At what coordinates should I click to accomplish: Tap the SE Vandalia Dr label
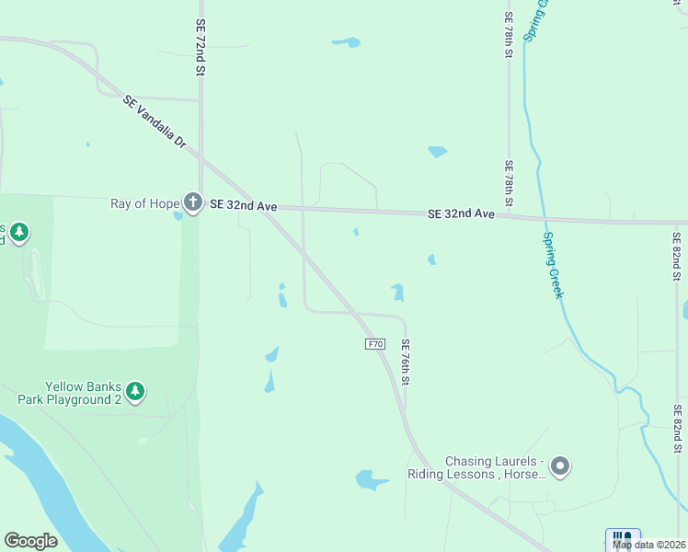click(x=155, y=123)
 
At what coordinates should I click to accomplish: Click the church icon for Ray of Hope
click(x=192, y=201)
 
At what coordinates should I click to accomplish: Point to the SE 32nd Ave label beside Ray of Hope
click(x=244, y=206)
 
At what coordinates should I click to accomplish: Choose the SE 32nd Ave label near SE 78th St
click(x=462, y=214)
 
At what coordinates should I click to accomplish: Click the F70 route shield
click(x=374, y=344)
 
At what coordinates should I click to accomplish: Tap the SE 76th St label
click(x=405, y=362)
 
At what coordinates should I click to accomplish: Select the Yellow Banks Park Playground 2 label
click(x=84, y=393)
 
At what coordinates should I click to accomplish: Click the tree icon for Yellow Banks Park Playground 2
click(x=135, y=392)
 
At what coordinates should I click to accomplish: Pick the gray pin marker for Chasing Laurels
click(x=560, y=467)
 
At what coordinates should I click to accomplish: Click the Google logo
click(x=30, y=541)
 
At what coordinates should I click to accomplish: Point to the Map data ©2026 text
click(x=649, y=545)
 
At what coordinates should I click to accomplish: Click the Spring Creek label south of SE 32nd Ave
click(x=554, y=265)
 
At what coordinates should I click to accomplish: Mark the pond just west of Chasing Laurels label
click(x=372, y=480)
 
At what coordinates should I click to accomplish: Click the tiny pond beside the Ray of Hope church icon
click(x=178, y=216)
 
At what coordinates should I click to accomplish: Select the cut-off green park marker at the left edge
click(x=17, y=233)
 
